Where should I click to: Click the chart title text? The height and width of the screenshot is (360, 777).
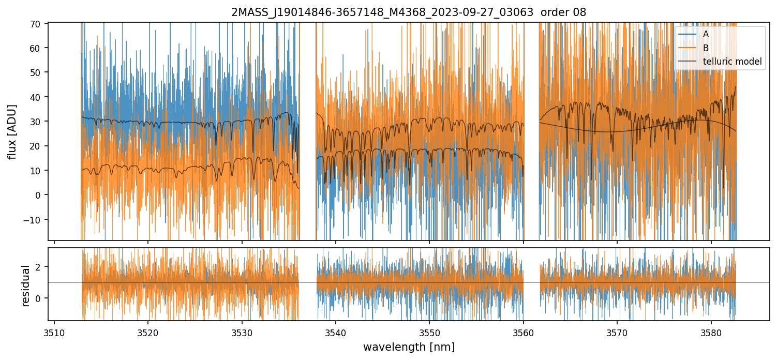(409, 12)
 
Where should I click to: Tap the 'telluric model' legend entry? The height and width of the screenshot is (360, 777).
(720, 62)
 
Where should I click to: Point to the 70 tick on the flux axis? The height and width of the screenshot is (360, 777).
(35, 24)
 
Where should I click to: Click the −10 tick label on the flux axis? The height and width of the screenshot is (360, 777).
(32, 220)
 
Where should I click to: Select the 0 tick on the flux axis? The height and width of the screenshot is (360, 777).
(37, 196)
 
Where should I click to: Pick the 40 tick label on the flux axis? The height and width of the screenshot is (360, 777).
(35, 97)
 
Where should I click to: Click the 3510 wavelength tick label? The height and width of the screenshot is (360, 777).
(54, 334)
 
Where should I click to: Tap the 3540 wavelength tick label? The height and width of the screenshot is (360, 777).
(336, 334)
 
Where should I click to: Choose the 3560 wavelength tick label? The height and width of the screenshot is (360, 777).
(524, 334)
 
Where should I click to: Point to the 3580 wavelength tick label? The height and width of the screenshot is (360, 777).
(711, 334)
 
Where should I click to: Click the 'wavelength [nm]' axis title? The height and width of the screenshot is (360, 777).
(409, 347)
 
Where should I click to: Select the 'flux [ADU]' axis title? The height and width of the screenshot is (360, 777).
(12, 132)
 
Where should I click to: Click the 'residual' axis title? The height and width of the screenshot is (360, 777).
(25, 286)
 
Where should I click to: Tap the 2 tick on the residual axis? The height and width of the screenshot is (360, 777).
(37, 267)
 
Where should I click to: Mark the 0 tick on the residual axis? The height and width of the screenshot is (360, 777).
(37, 298)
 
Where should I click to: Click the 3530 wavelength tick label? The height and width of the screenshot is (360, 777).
(242, 334)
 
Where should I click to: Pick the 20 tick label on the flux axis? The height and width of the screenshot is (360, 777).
(35, 146)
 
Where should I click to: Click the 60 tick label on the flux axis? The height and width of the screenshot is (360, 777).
(35, 48)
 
